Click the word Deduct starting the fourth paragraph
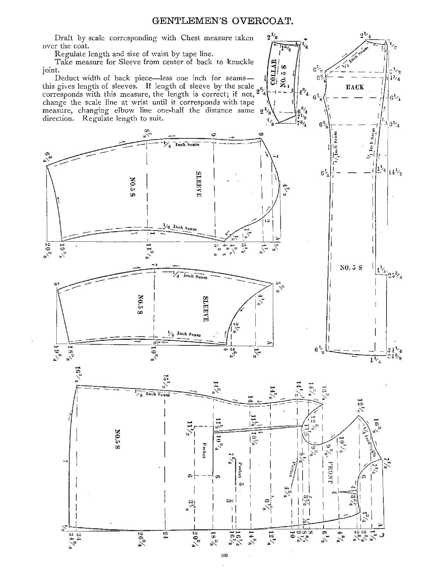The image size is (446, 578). coord(65,78)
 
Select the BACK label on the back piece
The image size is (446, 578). coord(355,87)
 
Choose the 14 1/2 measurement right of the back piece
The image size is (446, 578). coord(395,172)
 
